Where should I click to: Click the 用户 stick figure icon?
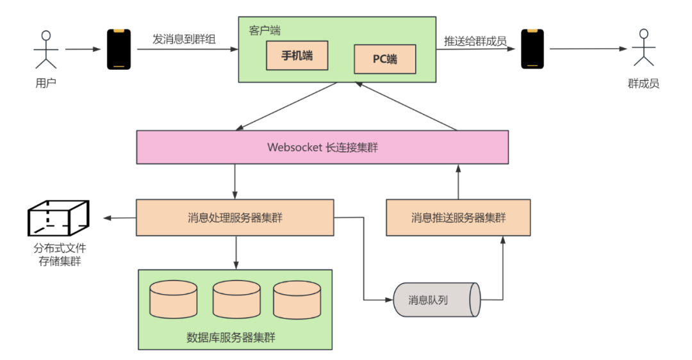[45, 49]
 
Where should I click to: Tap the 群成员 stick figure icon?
[643, 49]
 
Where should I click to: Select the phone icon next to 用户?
[119, 49]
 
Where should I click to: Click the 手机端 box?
[297, 56]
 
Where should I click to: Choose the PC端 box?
[385, 60]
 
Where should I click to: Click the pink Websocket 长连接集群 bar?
[322, 147]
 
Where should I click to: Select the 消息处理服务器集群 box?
[235, 218]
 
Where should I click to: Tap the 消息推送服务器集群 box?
[458, 218]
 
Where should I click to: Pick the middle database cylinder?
[236, 298]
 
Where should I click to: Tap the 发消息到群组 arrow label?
[184, 40]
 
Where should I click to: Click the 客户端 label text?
[264, 30]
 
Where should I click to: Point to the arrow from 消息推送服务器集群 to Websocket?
[458, 181]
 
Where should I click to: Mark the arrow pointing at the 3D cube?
[120, 218]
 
